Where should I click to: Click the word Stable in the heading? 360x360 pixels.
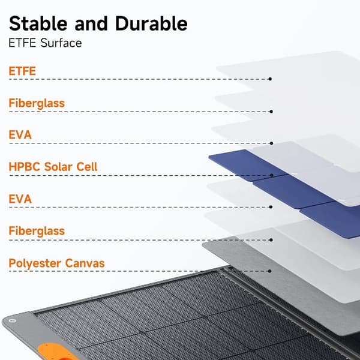click(38, 23)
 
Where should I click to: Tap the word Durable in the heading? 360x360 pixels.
click(151, 23)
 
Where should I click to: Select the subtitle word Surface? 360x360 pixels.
click(61, 43)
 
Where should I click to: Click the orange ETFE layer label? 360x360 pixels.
click(22, 71)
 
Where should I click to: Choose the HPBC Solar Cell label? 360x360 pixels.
click(53, 167)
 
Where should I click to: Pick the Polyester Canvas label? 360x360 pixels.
click(56, 263)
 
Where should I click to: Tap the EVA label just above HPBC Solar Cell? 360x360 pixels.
click(20, 135)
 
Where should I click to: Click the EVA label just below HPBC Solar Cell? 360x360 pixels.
click(20, 199)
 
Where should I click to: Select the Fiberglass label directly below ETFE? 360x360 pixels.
click(37, 103)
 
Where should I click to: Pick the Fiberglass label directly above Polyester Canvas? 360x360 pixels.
click(37, 231)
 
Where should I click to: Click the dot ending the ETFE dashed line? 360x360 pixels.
click(270, 79)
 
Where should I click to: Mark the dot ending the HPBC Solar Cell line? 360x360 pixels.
click(272, 175)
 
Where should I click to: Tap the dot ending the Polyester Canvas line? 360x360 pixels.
click(270, 271)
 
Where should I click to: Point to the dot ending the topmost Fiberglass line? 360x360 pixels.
click(271, 112)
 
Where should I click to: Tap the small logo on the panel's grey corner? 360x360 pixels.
click(13, 320)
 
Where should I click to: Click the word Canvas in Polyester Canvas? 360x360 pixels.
click(85, 263)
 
